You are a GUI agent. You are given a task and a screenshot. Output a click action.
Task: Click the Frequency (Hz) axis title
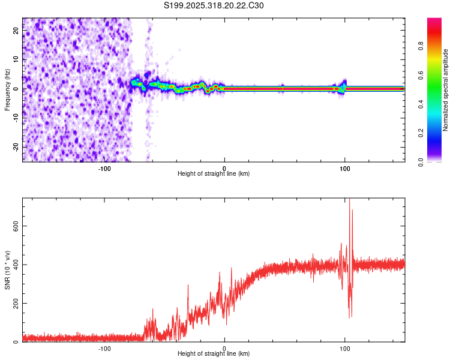point(8,89)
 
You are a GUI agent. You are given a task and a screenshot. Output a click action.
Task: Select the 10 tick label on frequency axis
point(16,60)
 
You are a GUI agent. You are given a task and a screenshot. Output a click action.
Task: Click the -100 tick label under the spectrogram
point(104,168)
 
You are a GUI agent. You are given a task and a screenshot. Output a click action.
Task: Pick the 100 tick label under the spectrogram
point(345,168)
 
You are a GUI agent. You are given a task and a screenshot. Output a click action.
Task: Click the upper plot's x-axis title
point(214,174)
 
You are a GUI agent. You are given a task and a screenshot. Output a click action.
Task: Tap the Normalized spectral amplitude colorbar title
point(445,90)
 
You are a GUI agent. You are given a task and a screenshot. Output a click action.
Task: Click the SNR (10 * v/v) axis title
point(8,270)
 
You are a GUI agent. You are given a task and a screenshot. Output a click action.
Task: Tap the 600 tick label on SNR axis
point(14,226)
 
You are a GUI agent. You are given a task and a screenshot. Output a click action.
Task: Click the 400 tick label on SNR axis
point(14,265)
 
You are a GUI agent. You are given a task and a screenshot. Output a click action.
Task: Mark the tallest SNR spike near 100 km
point(349,200)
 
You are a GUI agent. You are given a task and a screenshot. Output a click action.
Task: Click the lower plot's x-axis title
point(214,354)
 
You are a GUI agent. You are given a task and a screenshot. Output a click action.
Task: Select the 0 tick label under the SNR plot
point(224,348)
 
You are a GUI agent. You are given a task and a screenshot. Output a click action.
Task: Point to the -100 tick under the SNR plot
point(104,348)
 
